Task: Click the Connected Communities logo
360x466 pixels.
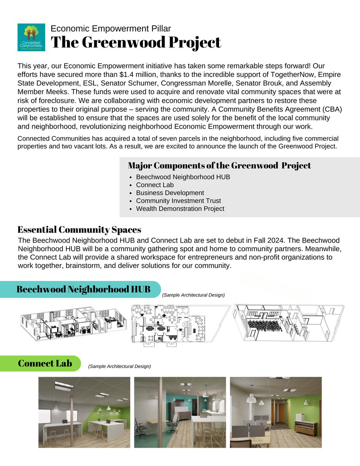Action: coord(31,37)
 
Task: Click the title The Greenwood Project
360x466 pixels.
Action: coord(136,42)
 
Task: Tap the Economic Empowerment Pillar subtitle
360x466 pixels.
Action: coord(111,28)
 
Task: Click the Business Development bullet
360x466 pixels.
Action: coord(170,193)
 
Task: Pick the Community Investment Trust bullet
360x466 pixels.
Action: coord(178,201)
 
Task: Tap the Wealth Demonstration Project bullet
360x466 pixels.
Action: coord(180,209)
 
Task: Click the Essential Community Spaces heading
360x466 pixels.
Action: coord(79,230)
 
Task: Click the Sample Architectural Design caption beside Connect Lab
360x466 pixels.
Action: coord(119,366)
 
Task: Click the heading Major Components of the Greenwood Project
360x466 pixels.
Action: coord(219,165)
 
